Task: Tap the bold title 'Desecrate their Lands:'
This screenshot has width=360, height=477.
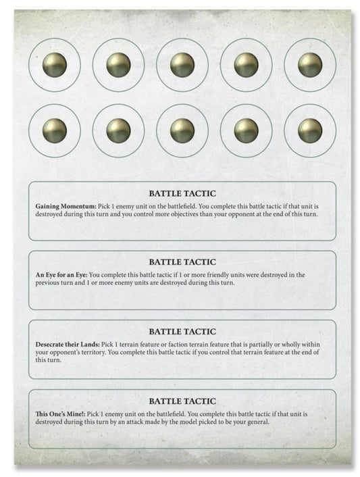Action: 67,344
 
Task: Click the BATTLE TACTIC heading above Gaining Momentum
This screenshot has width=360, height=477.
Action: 182,193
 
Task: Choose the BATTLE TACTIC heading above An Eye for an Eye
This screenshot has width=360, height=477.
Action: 182,262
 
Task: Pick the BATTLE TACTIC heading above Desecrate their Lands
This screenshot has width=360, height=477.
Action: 182,332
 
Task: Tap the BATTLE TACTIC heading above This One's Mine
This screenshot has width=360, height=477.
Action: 182,401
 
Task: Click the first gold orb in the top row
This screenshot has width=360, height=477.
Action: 55,65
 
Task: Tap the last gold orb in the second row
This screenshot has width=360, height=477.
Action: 309,130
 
